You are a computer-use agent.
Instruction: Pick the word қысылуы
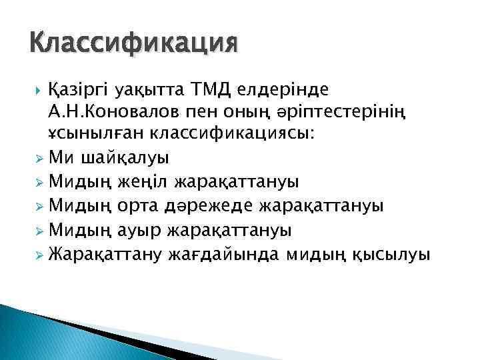pyautogui.click(x=388, y=255)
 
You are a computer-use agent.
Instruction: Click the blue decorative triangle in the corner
pyautogui.click(x=27, y=333)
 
